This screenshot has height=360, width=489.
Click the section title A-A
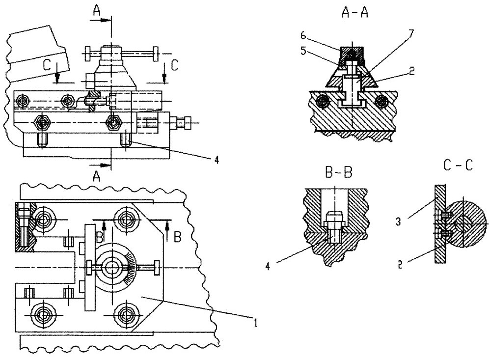click(355, 13)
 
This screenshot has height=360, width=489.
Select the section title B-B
click(339, 172)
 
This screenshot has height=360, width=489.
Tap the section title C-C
click(458, 166)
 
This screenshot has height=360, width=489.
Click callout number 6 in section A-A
click(303, 36)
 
